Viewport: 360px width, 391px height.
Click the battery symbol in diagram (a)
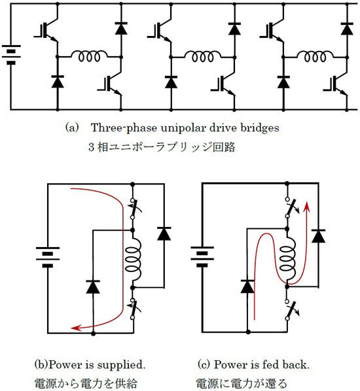pyautogui.click(x=11, y=55)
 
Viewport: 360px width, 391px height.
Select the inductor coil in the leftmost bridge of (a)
pyautogui.click(x=90, y=56)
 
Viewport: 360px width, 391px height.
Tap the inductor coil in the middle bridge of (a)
pyautogui.click(x=203, y=56)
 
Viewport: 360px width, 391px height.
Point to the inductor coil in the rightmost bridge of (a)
pyautogui.click(x=315, y=56)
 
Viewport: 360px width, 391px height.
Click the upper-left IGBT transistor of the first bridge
pyautogui.click(x=47, y=31)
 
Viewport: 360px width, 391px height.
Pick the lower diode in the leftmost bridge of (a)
pyautogui.click(x=58, y=82)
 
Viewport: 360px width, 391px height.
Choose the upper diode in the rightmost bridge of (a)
pyautogui.click(x=347, y=28)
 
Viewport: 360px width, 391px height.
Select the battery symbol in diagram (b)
pyautogui.click(x=48, y=257)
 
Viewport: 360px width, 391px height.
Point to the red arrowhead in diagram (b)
pyautogui.click(x=76, y=328)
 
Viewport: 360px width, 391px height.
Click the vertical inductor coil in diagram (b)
pyautogui.click(x=133, y=259)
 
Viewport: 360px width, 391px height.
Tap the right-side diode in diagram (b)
pyautogui.click(x=164, y=233)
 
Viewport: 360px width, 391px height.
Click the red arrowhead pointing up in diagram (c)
pyautogui.click(x=306, y=207)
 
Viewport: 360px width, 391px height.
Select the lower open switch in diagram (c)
pyautogui.click(x=291, y=310)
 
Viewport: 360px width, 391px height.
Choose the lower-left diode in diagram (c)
pyautogui.click(x=247, y=286)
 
